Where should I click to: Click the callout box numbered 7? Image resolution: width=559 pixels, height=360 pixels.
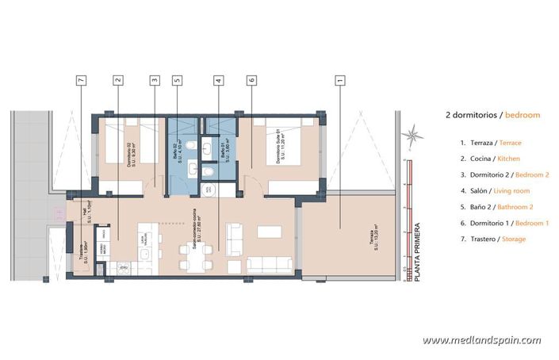(81, 79)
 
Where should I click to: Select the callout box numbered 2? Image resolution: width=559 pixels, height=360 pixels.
(118, 79)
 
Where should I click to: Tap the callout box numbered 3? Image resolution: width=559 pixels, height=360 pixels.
(155, 79)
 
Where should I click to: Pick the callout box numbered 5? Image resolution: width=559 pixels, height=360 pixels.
(177, 79)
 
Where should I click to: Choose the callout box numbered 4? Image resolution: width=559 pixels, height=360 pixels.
(217, 79)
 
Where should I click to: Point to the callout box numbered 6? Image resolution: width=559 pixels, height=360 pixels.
(251, 79)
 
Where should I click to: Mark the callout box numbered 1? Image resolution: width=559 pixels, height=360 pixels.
(340, 79)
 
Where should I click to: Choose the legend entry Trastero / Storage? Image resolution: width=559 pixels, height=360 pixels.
(492, 239)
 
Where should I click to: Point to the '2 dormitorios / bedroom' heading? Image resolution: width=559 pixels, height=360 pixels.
(492, 115)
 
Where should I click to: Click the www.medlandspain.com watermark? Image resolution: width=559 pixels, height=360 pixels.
(481, 340)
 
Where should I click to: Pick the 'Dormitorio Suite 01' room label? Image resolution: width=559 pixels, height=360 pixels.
(280, 147)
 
